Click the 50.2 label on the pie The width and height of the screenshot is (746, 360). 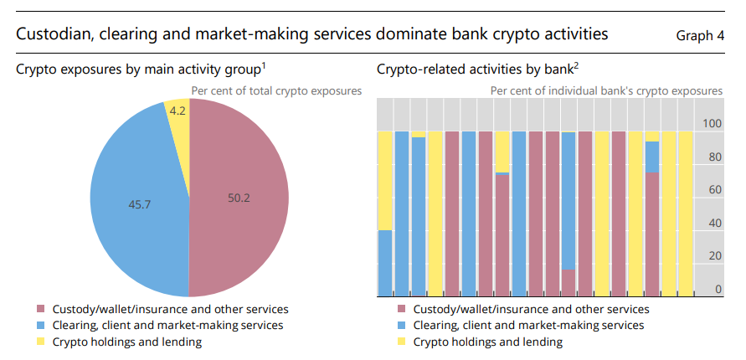(x=239, y=198)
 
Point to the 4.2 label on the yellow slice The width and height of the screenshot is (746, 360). (x=177, y=110)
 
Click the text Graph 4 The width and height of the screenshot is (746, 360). (x=700, y=36)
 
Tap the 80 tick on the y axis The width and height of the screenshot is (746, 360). (x=714, y=157)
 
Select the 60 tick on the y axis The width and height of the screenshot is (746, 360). (x=714, y=190)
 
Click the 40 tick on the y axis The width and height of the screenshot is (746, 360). (x=714, y=224)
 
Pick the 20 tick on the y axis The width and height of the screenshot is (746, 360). (x=714, y=256)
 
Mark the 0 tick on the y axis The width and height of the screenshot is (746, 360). (x=718, y=290)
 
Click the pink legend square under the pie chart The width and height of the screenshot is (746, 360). (x=40, y=310)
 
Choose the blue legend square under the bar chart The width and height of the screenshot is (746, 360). (x=400, y=326)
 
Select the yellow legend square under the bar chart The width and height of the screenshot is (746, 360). (x=400, y=342)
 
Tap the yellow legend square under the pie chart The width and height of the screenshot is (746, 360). (x=40, y=342)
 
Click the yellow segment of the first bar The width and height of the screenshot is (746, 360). (x=385, y=180)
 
